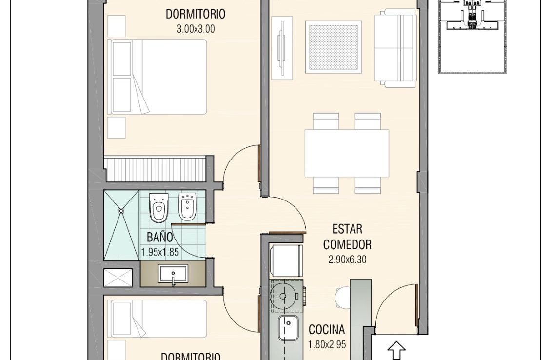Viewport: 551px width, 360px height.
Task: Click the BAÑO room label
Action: tap(159, 237)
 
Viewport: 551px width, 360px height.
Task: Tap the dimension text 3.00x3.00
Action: tap(196, 29)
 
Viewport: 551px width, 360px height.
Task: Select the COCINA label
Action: tap(327, 330)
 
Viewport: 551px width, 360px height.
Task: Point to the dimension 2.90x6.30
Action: tap(347, 260)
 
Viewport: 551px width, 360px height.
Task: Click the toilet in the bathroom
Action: tap(159, 207)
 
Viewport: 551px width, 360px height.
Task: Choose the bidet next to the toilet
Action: tap(186, 207)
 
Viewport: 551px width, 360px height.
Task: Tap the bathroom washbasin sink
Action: tap(173, 274)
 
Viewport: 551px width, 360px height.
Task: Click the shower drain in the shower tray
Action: tap(121, 211)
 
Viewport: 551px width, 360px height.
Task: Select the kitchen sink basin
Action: tap(288, 328)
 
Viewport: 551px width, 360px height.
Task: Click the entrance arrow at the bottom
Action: tap(397, 351)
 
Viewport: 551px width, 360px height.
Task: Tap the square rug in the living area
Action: tap(334, 47)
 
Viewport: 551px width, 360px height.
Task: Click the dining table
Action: tap(347, 153)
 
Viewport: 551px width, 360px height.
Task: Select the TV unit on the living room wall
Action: tap(282, 48)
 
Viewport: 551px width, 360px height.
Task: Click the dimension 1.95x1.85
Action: tap(160, 252)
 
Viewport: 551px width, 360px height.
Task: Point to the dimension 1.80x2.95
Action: tap(327, 344)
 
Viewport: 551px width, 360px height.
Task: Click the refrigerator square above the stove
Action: tap(285, 260)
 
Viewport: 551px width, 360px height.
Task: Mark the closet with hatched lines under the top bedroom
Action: tap(155, 170)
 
